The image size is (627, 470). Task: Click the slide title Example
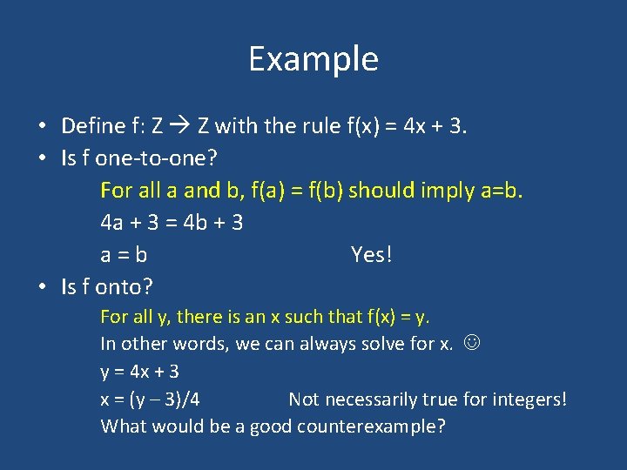point(313,59)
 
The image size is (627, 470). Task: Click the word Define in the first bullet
point(93,126)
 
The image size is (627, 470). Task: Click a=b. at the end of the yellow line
point(502,191)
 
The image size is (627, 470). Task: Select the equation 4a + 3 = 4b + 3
point(172,223)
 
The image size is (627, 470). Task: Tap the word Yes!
point(372,255)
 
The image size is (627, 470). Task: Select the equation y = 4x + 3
point(140,372)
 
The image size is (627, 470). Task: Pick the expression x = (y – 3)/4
point(150,399)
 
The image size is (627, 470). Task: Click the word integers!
point(528,399)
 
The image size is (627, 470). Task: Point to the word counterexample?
point(371,427)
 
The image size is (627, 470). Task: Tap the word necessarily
point(364,399)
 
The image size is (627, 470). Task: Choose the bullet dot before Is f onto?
point(43,286)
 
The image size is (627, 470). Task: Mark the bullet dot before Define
point(43,126)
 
